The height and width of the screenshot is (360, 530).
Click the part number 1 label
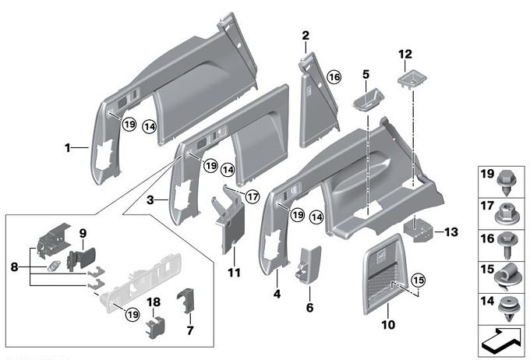pos(68,146)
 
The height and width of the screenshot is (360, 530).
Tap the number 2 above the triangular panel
pos(306,35)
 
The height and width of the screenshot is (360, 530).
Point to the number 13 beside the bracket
pos(451,232)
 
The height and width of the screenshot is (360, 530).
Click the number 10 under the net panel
pos(389,323)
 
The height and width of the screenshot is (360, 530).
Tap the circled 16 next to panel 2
pos(334,78)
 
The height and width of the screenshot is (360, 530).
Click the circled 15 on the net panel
pos(419,280)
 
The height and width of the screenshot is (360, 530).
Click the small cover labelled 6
pos(310,263)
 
